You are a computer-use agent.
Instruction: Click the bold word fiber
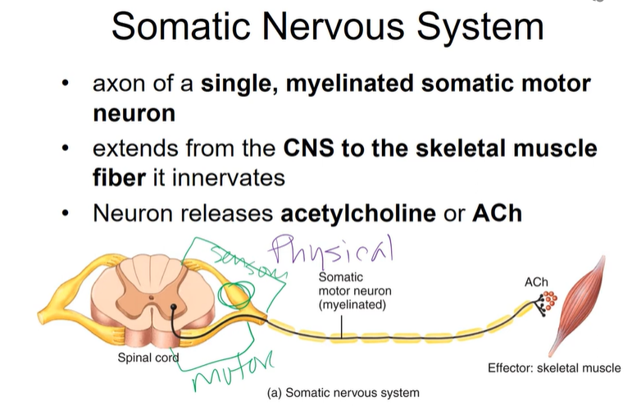(117, 176)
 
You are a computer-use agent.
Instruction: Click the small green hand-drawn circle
(237, 296)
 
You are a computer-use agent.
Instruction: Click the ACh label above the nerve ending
(536, 282)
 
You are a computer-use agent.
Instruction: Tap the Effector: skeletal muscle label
(554, 367)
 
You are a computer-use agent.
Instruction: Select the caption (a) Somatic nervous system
(343, 392)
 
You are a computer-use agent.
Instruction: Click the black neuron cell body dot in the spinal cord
(174, 308)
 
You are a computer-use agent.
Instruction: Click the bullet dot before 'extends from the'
(66, 150)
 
